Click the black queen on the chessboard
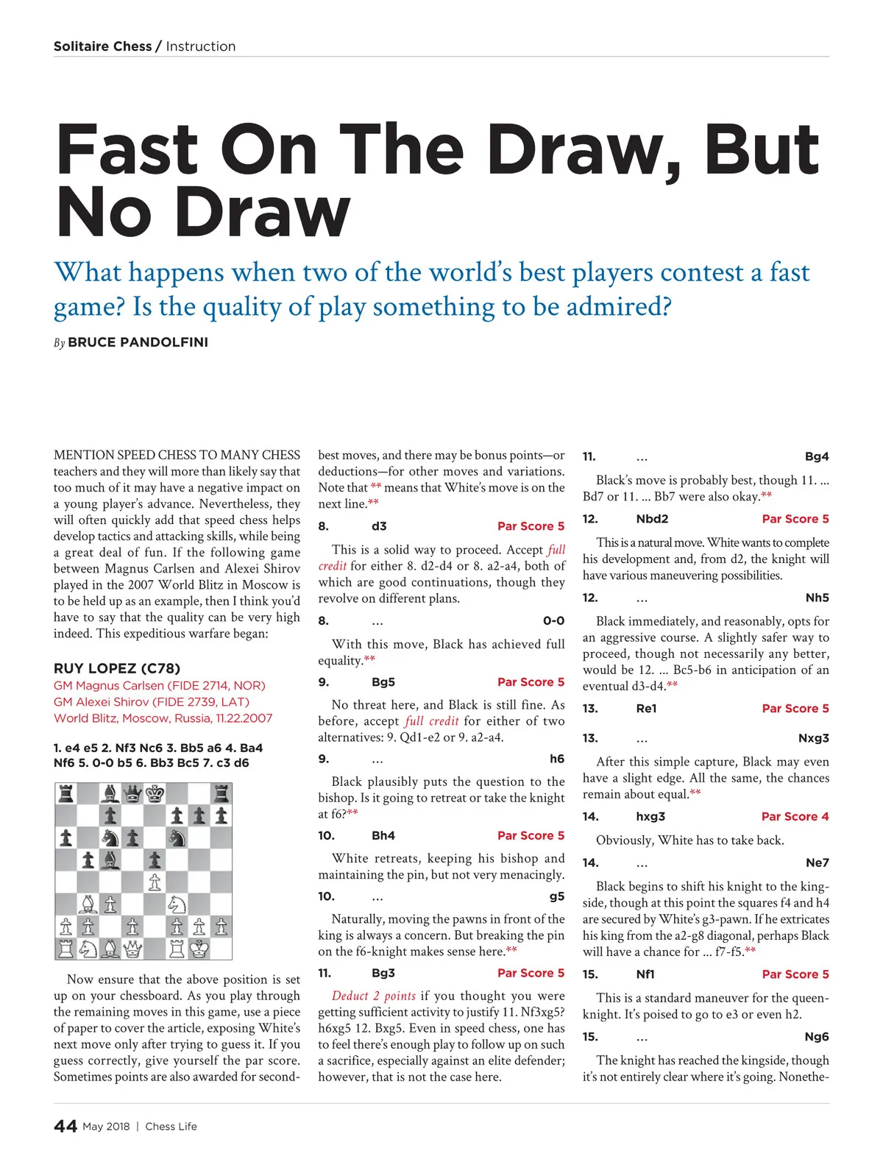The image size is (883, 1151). (x=132, y=793)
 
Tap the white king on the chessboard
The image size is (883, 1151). (x=199, y=949)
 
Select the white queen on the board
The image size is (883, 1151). (x=132, y=949)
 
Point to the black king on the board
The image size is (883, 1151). (x=155, y=793)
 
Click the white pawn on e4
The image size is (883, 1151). (x=155, y=882)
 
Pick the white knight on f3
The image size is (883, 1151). (x=177, y=904)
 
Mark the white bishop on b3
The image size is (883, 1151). (x=88, y=904)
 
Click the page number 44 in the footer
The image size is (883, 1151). (x=65, y=1126)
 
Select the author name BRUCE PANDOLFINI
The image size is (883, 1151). (x=138, y=342)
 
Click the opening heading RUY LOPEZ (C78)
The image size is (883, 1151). (x=116, y=668)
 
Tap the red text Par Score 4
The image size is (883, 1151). (x=795, y=816)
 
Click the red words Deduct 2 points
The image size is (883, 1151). (x=373, y=996)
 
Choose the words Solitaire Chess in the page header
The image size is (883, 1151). (x=102, y=46)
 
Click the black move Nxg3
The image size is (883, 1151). (x=813, y=738)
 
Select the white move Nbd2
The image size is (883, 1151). (x=652, y=519)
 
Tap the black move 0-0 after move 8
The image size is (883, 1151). (x=553, y=620)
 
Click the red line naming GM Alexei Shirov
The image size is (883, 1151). (x=151, y=701)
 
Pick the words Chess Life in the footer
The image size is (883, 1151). (x=171, y=1126)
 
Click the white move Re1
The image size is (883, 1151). (x=646, y=709)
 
